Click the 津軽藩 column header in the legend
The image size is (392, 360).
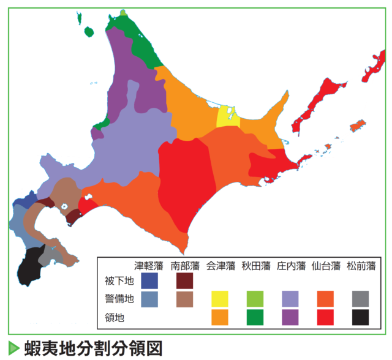click(149, 266)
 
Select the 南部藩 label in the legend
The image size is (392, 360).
click(185, 266)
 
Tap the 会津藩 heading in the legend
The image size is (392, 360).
click(221, 266)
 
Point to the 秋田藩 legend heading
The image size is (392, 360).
click(255, 266)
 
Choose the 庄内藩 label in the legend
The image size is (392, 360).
click(291, 266)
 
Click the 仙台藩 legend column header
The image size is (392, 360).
click(326, 266)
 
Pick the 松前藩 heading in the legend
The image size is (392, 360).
click(361, 266)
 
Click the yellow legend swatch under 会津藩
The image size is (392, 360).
click(221, 299)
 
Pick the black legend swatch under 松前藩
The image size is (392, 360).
click(361, 317)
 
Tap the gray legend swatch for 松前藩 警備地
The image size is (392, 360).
click(361, 299)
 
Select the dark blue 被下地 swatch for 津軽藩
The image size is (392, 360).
click(149, 280)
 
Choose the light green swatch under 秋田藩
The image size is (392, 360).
click(255, 299)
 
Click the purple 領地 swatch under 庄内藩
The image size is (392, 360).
click(291, 317)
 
